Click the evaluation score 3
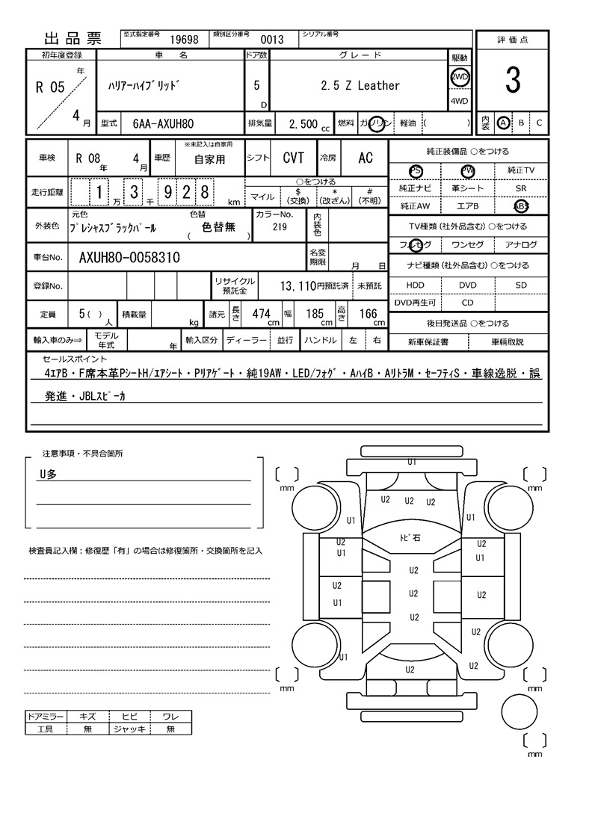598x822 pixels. [512, 81]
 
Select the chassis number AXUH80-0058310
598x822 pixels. [129, 259]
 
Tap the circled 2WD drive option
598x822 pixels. [459, 77]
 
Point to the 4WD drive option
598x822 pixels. [459, 102]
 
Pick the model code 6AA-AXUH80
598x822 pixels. [163, 123]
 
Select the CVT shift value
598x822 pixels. [293, 158]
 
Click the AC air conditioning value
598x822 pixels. [365, 158]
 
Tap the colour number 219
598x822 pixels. [280, 227]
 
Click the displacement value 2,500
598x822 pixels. [303, 124]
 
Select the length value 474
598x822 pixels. [261, 315]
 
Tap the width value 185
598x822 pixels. [315, 315]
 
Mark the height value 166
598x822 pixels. [368, 315]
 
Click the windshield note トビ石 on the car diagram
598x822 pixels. [410, 538]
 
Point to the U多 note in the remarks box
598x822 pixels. [48, 474]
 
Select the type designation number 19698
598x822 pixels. [184, 40]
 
